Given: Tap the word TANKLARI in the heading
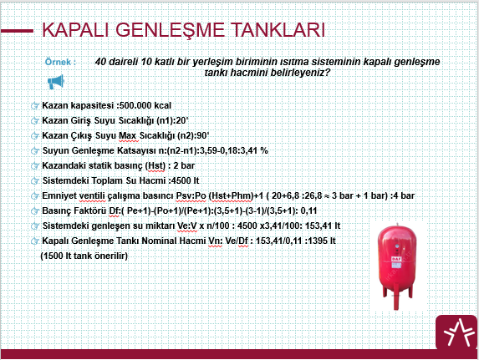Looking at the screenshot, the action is (278, 29).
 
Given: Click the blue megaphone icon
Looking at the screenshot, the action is (56, 82).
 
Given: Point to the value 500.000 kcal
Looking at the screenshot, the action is (145, 105).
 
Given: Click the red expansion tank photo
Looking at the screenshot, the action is (397, 266).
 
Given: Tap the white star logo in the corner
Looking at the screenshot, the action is (457, 332).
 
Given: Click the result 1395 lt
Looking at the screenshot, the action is (322, 241).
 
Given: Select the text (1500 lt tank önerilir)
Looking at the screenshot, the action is (84, 256).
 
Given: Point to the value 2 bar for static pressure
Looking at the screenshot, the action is (184, 165).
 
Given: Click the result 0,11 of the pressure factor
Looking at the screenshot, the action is (308, 210).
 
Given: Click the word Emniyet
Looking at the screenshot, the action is (59, 195).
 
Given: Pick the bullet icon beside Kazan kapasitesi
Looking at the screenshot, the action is (35, 105).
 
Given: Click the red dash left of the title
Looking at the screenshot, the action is (17, 31).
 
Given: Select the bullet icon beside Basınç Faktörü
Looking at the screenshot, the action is (35, 211).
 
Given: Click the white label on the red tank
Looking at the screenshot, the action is (396, 259).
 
